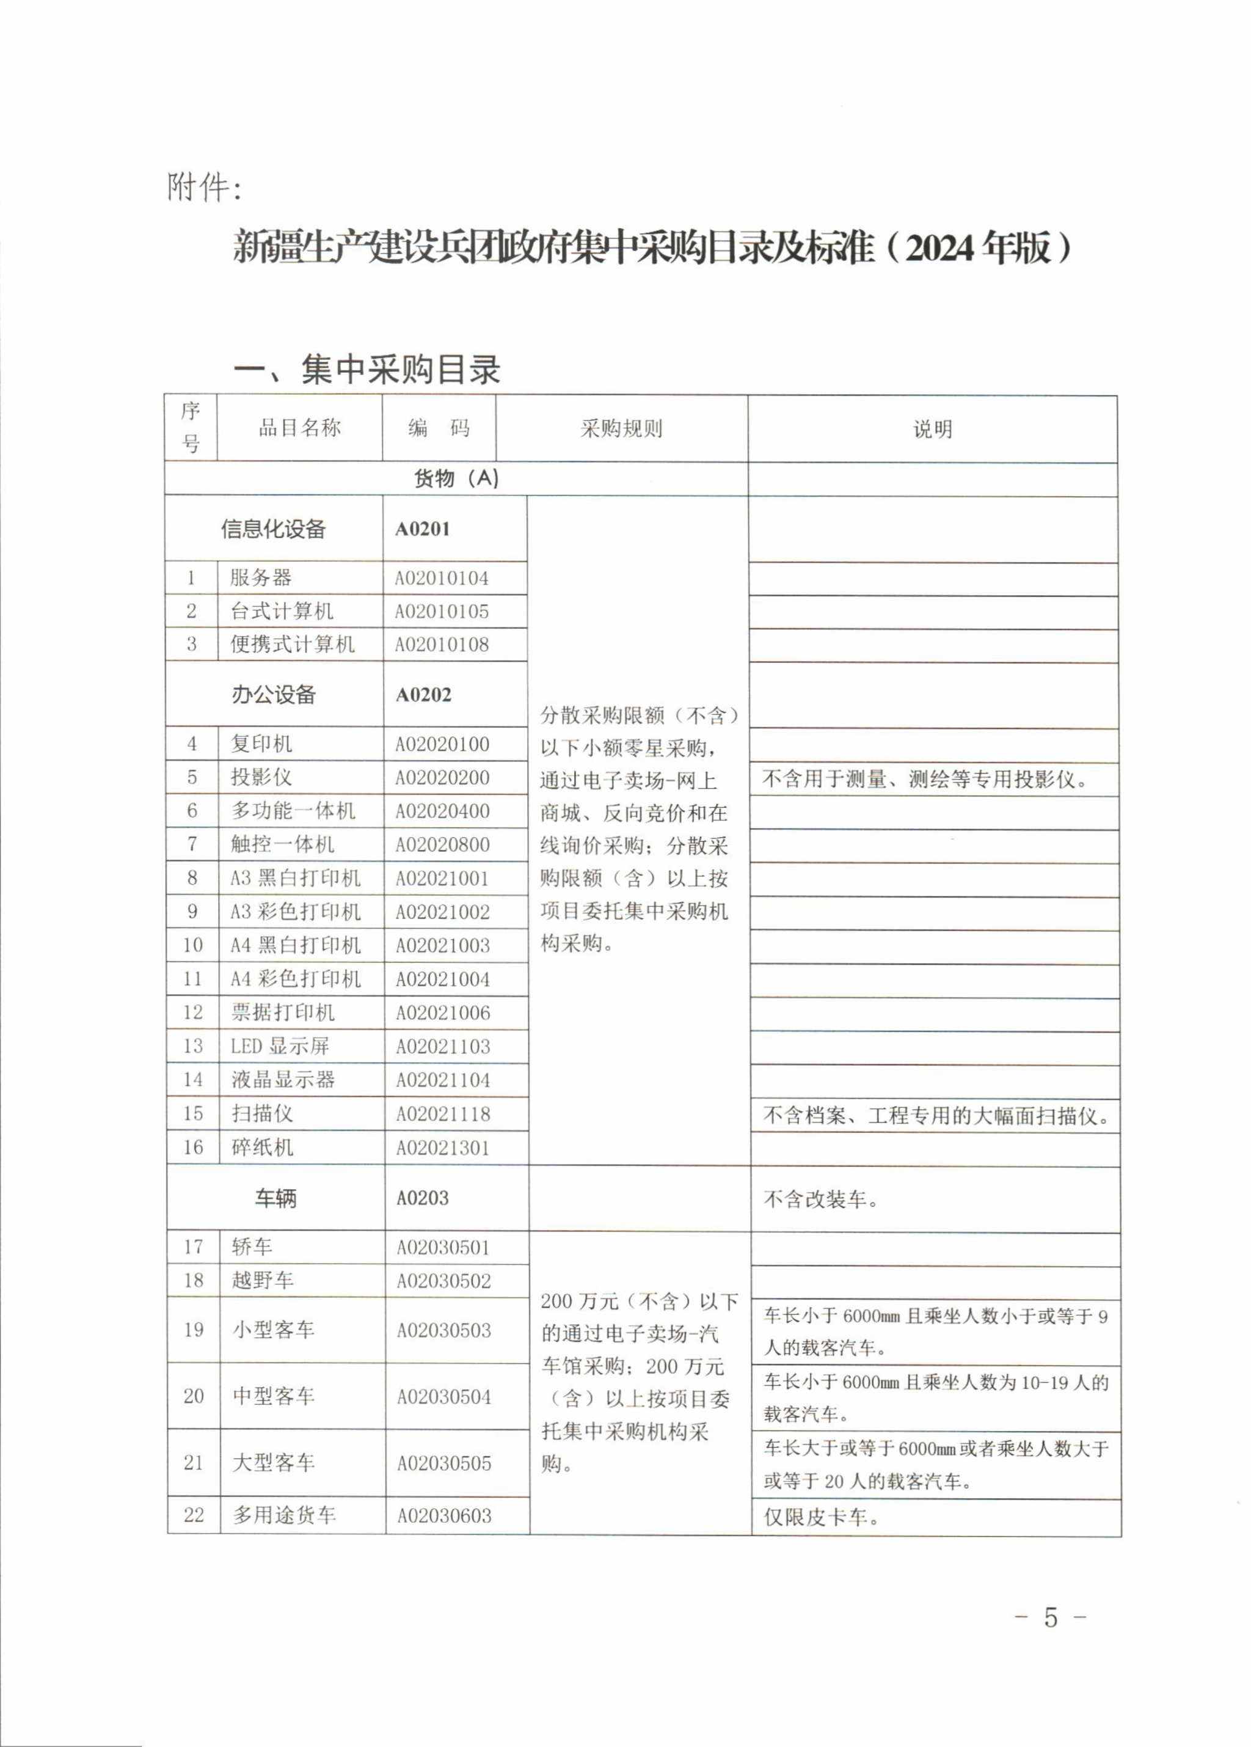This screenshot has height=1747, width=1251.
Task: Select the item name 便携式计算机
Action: pyautogui.click(x=293, y=644)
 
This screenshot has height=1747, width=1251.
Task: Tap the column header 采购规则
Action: pyautogui.click(x=621, y=428)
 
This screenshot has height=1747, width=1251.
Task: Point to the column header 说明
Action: pyautogui.click(x=932, y=429)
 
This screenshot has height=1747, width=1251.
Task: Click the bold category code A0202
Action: pyautogui.click(x=423, y=695)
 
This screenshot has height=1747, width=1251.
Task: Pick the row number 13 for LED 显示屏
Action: pyautogui.click(x=192, y=1046)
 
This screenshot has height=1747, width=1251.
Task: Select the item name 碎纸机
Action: pyautogui.click(x=262, y=1147)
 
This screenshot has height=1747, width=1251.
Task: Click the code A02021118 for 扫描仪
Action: pyautogui.click(x=443, y=1114)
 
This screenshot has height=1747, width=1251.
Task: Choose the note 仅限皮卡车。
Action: pyautogui.click(x=820, y=1517)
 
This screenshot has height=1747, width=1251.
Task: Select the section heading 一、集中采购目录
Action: pyautogui.click(x=367, y=370)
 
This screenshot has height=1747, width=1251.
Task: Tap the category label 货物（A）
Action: pyautogui.click(x=456, y=478)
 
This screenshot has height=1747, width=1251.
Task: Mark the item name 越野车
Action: pyautogui.click(x=263, y=1280)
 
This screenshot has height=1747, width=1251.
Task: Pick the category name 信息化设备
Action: pyautogui.click(x=273, y=529)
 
